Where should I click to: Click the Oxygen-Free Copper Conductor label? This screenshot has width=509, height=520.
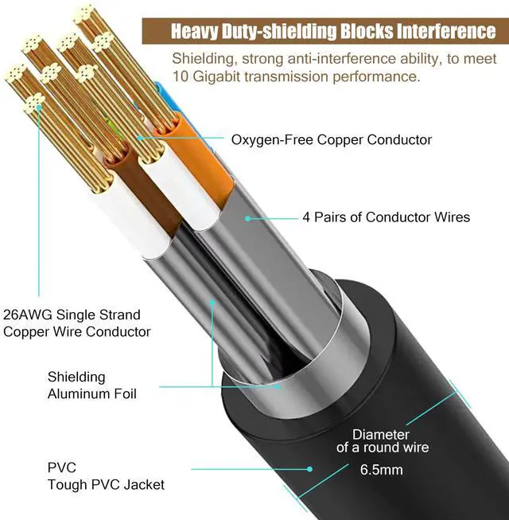pyautogui.click(x=331, y=140)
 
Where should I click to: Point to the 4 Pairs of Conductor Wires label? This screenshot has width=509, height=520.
pyautogui.click(x=386, y=217)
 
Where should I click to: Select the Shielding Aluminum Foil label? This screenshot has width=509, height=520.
pyautogui.click(x=92, y=385)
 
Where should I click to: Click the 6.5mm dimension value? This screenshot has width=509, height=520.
pyautogui.click(x=381, y=470)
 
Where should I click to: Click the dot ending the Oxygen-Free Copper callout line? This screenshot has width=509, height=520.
pyautogui.click(x=139, y=139)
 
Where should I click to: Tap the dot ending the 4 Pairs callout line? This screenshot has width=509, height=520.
pyautogui.click(x=248, y=217)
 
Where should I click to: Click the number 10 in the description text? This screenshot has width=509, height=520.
pyautogui.click(x=181, y=76)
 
